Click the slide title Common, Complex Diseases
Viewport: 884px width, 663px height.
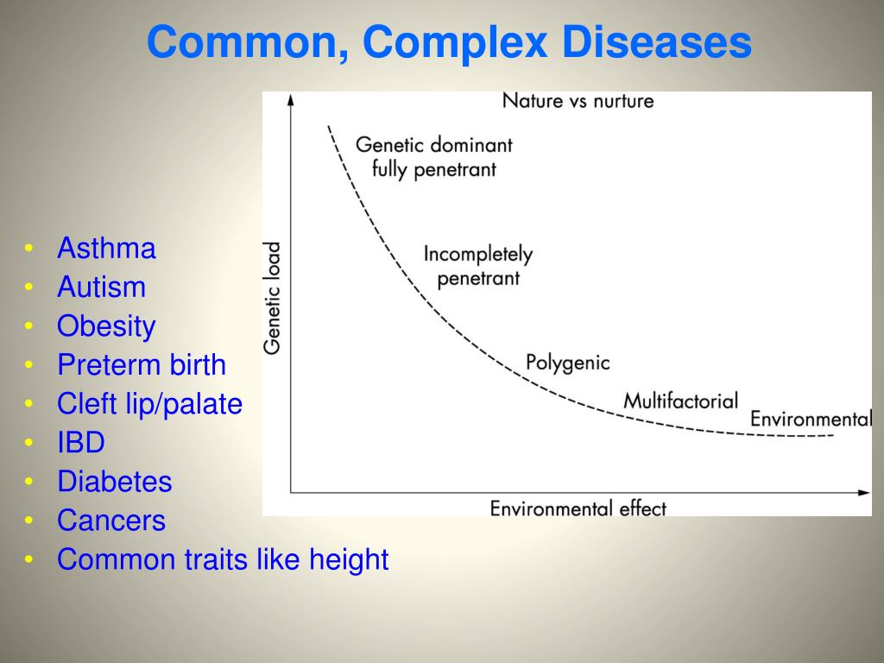449,42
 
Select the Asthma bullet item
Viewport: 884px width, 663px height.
106,249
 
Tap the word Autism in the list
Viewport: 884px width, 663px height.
101,287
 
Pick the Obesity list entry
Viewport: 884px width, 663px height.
106,326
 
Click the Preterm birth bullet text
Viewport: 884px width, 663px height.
142,365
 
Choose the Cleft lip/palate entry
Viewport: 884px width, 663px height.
149,404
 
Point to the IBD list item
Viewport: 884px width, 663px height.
81,443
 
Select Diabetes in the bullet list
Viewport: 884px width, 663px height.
115,482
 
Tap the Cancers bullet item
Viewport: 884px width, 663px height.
111,521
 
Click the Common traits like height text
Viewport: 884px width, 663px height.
223,559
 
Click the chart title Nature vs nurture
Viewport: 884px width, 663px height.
578,101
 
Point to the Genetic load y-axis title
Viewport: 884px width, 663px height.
272,298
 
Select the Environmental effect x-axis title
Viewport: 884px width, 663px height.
578,508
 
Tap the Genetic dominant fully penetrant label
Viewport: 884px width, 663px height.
434,156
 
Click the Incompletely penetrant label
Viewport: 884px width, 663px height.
477,266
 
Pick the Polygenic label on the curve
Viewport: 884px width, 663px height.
567,363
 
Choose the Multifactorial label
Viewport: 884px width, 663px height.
680,401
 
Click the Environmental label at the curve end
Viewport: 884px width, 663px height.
810,420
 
